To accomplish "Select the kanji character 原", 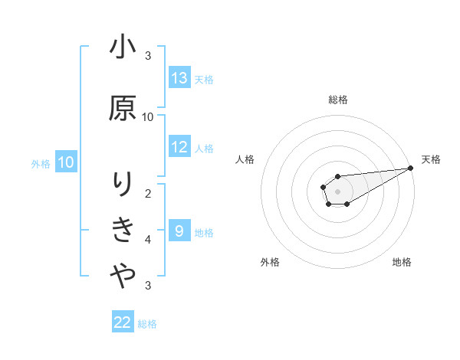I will click(123, 107).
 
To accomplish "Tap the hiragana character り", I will click(123, 185).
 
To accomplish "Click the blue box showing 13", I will click(179, 78).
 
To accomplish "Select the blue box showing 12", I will click(179, 147).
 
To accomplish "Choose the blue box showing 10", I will click(66, 162).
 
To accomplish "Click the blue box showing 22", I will click(123, 322).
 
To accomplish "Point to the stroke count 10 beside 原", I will click(148, 117).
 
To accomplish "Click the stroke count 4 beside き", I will click(148, 240).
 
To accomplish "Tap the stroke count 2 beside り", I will click(148, 194).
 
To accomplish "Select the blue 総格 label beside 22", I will click(147, 324).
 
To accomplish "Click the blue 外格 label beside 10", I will click(41, 163).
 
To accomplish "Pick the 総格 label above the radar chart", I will click(337, 100).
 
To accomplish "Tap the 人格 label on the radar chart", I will click(245, 159).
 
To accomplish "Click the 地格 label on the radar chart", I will click(402, 263).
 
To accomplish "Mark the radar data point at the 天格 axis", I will click(412, 169).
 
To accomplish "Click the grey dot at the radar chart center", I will click(337, 189).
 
